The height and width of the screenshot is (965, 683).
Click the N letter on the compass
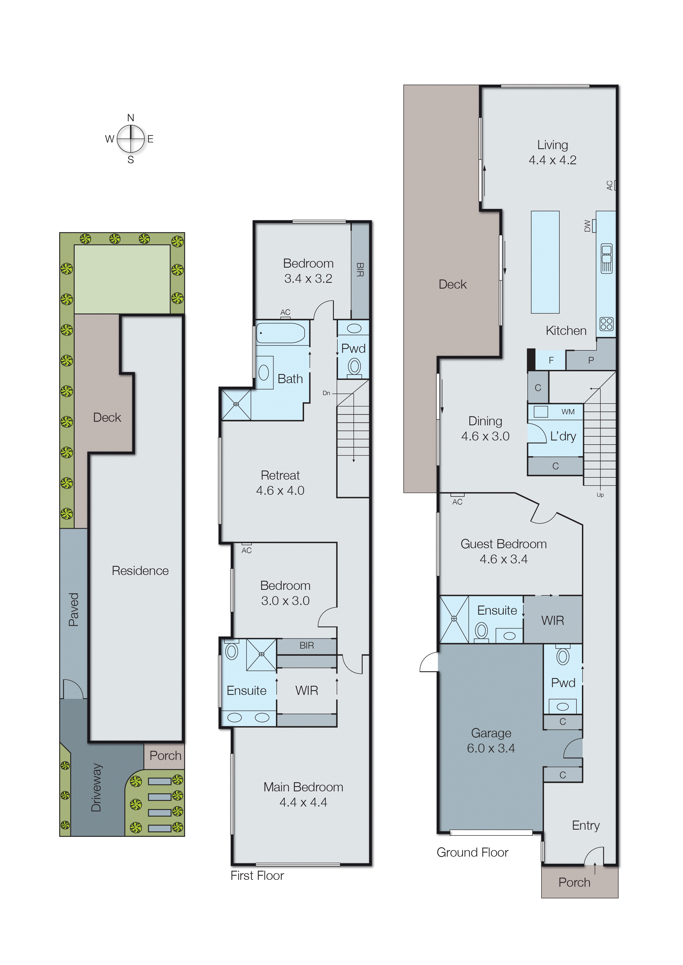pos(131,118)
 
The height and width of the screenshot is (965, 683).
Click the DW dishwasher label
pos(587,226)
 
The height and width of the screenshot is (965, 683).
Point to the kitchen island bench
pos(545,262)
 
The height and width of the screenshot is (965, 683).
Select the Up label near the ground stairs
pos(600,495)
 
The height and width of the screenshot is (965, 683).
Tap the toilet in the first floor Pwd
pos(354,367)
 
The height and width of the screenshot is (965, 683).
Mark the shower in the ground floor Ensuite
pos(454,619)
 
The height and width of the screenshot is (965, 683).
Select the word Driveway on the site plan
pos(96,787)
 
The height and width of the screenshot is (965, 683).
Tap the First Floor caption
pos(257,875)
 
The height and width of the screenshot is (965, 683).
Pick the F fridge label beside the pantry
pos(551,360)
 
